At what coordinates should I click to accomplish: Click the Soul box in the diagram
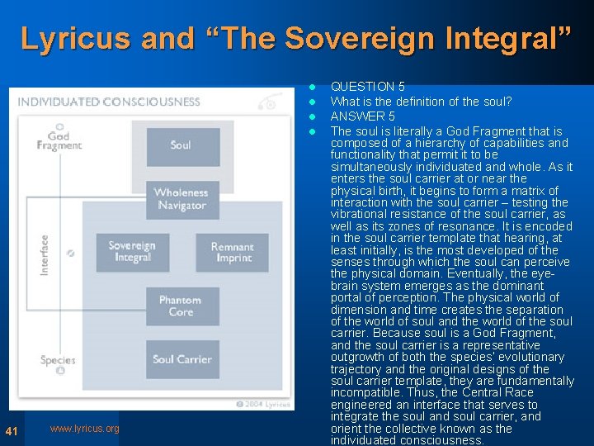pyautogui.click(x=182, y=146)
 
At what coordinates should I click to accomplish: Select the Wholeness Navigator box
pyautogui.click(x=182, y=199)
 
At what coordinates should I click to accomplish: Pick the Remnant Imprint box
pyautogui.click(x=233, y=253)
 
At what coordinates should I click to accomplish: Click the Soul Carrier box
pyautogui.click(x=182, y=359)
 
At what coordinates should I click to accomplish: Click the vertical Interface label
pyautogui.click(x=45, y=254)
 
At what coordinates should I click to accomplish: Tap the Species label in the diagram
pyautogui.click(x=58, y=360)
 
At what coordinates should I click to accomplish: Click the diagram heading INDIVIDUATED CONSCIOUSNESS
pyautogui.click(x=109, y=102)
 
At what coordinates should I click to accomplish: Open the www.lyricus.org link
pyautogui.click(x=84, y=429)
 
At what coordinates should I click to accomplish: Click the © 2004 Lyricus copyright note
pyautogui.click(x=262, y=404)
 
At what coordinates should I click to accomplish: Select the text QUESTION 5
pyautogui.click(x=367, y=86)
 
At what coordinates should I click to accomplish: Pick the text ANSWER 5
pyautogui.click(x=362, y=116)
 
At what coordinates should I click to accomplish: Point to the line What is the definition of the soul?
pyautogui.click(x=421, y=102)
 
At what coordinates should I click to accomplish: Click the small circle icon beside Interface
pyautogui.click(x=71, y=254)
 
